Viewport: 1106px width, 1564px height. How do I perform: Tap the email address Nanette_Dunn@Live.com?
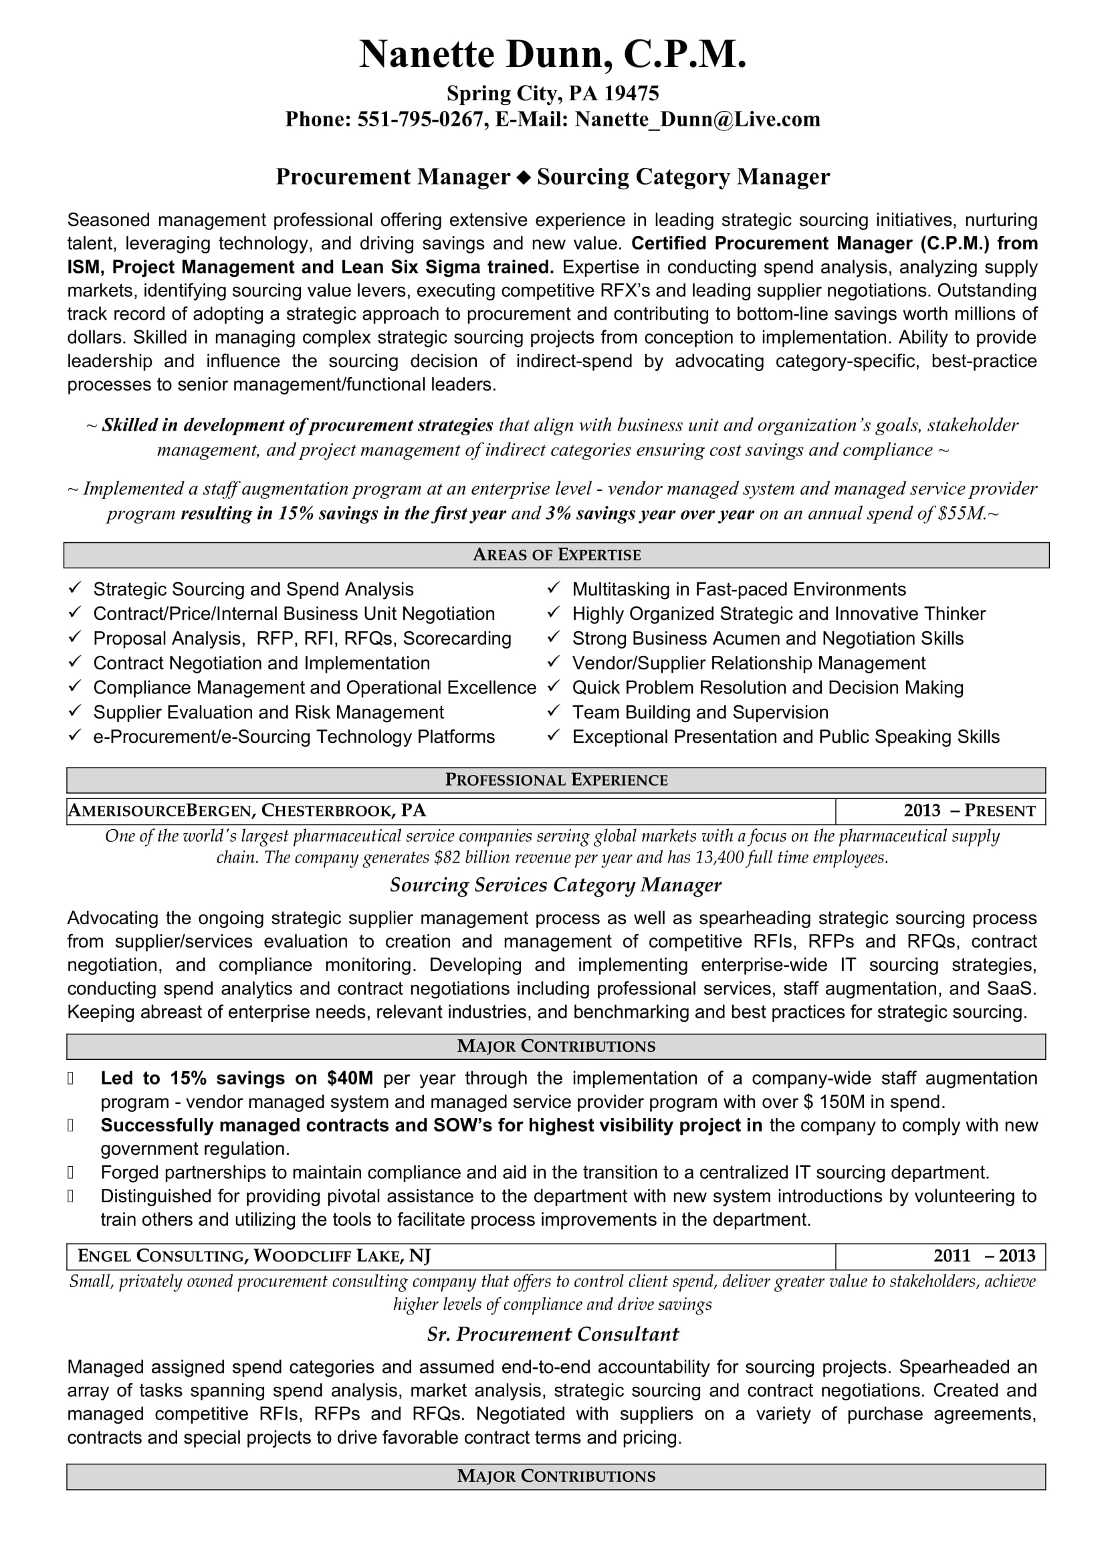697,120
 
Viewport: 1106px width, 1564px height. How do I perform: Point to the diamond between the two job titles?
523,178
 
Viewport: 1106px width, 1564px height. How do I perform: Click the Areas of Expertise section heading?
556,555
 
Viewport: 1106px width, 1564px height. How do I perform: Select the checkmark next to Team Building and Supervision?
554,711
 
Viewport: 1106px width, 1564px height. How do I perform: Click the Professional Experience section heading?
556,780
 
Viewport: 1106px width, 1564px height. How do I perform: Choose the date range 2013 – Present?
969,811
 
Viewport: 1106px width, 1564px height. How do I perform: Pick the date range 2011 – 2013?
984,1256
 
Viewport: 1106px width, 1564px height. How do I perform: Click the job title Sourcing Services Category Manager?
555,885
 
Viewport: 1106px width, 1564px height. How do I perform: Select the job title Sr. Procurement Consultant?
552,1335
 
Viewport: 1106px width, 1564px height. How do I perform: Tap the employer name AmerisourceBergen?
160,810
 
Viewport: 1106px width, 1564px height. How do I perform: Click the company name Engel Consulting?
160,1256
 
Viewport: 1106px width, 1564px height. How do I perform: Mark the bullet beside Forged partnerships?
70,1172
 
